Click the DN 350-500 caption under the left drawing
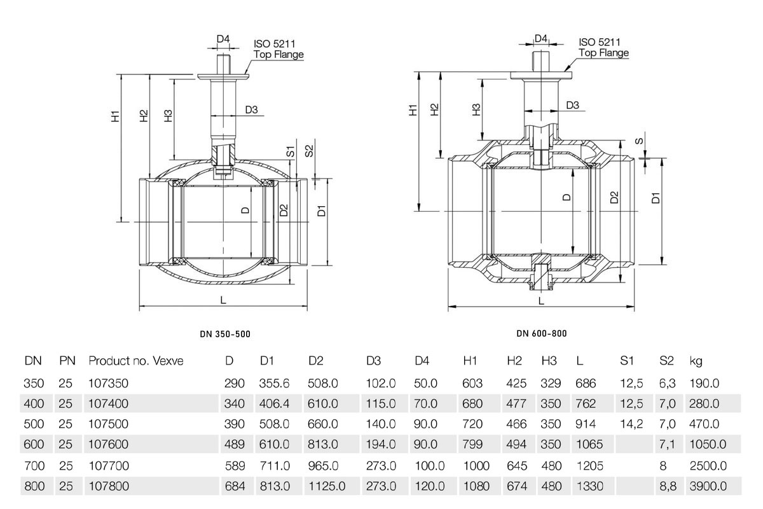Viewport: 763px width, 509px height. pos(225,334)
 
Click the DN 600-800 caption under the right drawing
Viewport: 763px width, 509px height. pos(542,333)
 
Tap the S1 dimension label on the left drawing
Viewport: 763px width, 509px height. pos(290,151)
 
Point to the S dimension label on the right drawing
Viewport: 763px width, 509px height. pos(639,141)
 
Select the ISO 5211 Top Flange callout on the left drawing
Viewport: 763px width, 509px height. pos(278,49)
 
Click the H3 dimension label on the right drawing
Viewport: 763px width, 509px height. pos(476,109)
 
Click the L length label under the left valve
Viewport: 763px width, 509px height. pos(223,300)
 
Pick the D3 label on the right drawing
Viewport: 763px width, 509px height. pos(573,105)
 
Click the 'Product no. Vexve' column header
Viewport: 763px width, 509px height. pos(136,361)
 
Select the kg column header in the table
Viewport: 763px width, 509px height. pos(696,361)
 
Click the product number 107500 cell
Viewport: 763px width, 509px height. pos(108,424)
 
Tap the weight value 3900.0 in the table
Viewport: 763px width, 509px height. pos(708,486)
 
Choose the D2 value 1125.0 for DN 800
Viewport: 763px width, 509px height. pos(327,486)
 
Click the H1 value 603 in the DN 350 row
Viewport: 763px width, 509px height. pos(472,383)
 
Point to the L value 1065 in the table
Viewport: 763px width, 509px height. pos(589,444)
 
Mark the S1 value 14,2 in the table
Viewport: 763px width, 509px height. pos(631,424)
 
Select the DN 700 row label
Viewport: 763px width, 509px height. pos(34,466)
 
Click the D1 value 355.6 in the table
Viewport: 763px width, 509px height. pos(274,383)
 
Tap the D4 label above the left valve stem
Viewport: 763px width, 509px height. pos(223,39)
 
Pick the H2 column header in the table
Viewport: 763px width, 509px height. pos(514,361)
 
